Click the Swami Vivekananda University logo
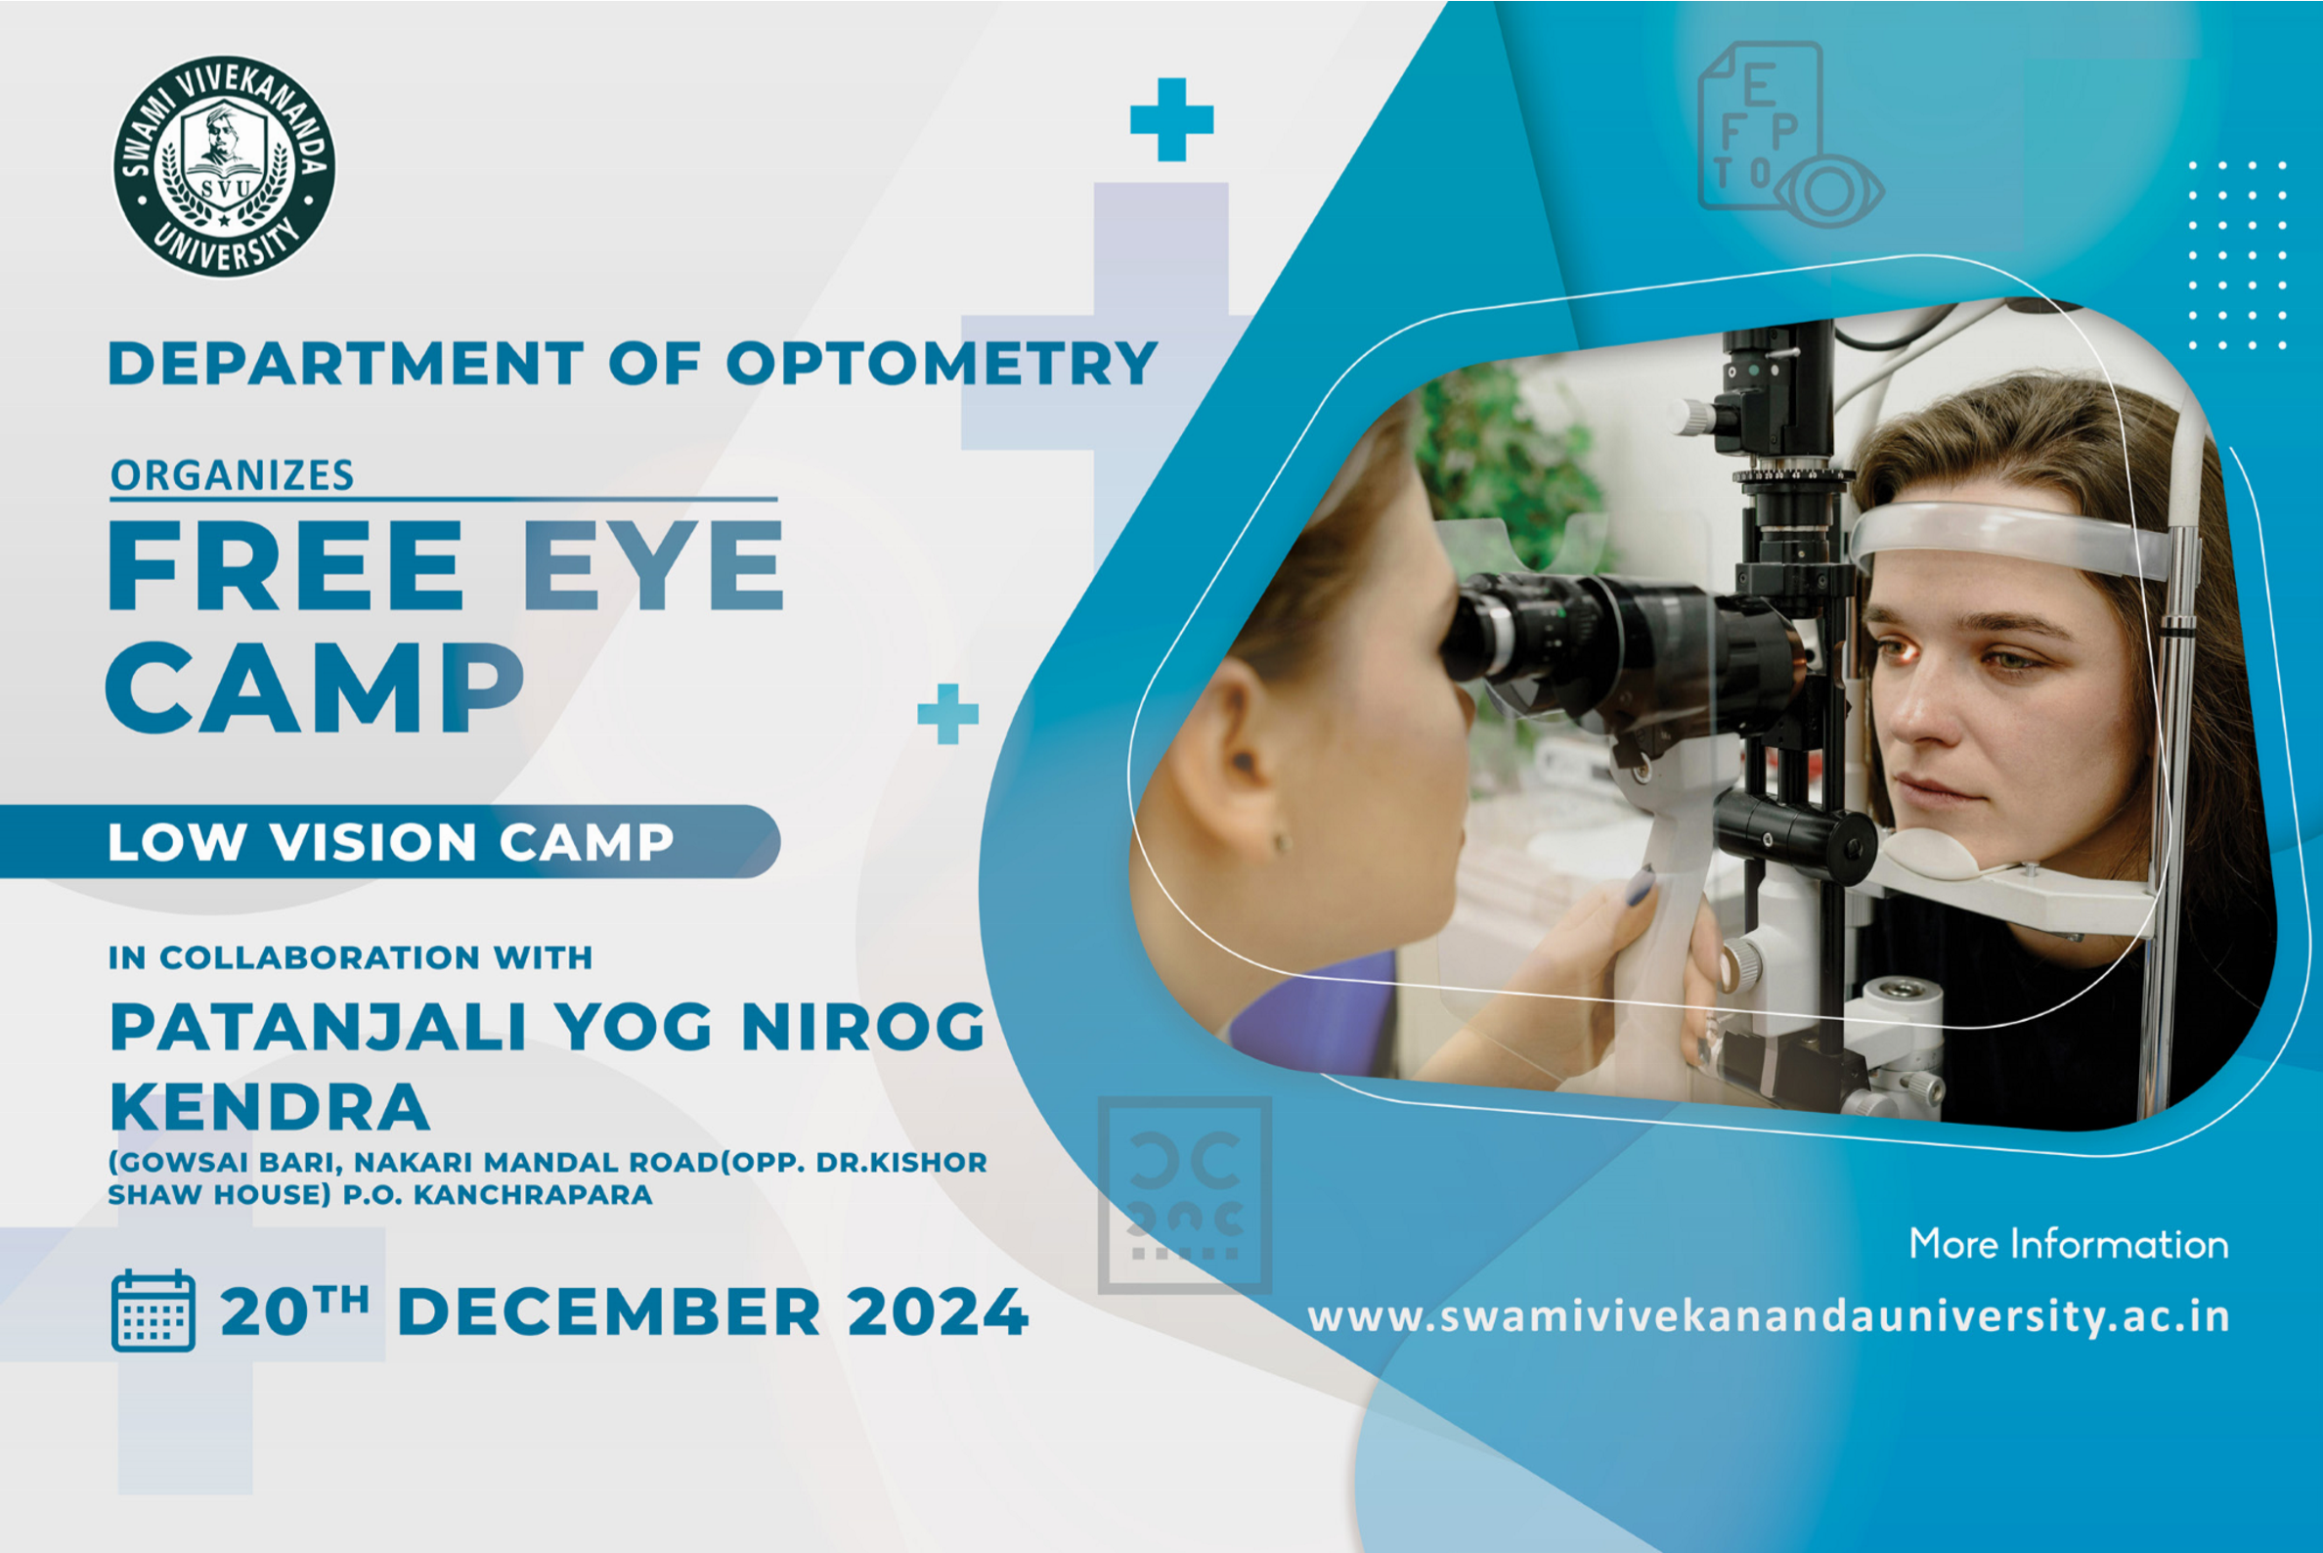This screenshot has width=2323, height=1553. coord(224,165)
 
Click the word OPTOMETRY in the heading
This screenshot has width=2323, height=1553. coord(942,363)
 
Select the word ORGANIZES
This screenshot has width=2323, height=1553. coord(232,475)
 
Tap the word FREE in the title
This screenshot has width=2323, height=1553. coord(285,564)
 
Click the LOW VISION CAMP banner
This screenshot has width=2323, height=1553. coord(390,841)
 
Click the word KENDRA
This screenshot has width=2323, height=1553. coord(269,1106)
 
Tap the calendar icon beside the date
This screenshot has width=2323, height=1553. coord(153,1310)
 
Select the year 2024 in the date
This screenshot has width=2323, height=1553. coord(938,1312)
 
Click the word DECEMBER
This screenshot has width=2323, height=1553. coord(609,1312)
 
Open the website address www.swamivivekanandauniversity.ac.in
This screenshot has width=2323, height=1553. coord(1769,1317)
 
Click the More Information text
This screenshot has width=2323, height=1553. coord(2069,1244)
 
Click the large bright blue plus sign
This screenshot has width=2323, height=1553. coord(1171,119)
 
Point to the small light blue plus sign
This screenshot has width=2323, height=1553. coord(947,713)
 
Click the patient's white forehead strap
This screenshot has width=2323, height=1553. coord(2010,540)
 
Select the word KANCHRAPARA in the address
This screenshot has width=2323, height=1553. coord(533,1194)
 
